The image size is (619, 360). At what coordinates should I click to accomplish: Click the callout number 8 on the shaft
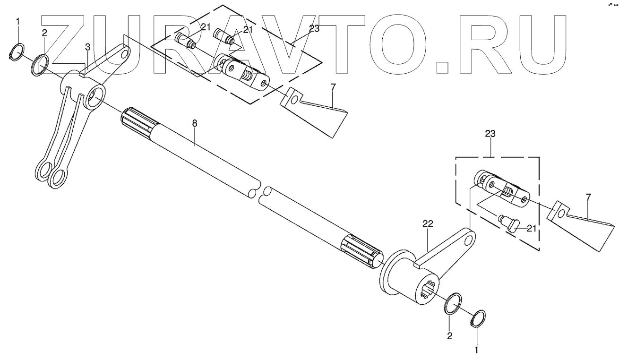click(x=194, y=123)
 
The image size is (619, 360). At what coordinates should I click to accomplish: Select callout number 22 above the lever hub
click(x=428, y=223)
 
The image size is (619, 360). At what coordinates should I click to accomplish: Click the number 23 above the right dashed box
click(x=490, y=134)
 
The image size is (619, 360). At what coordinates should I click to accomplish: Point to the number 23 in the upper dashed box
click(x=314, y=28)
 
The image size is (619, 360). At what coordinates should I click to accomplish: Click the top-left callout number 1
click(x=18, y=21)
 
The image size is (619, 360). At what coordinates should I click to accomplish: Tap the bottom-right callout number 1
click(x=476, y=351)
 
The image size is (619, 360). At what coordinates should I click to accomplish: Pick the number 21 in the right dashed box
click(x=532, y=229)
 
